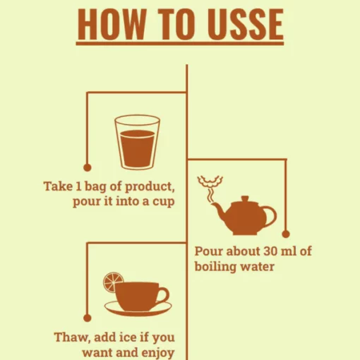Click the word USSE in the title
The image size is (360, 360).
point(246,24)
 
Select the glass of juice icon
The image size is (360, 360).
point(137,142)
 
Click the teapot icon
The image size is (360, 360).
point(244,215)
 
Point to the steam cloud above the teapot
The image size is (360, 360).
point(210,181)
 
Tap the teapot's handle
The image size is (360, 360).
point(270,216)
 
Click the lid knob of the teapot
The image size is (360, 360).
point(245,198)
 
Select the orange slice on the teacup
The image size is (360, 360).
point(112,282)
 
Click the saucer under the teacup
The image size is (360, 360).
point(138,308)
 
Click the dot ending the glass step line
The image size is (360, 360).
point(88,167)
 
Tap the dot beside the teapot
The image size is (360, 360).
point(286,234)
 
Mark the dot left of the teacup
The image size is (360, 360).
point(88,318)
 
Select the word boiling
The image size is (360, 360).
point(215,268)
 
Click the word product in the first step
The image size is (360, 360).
point(150,187)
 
